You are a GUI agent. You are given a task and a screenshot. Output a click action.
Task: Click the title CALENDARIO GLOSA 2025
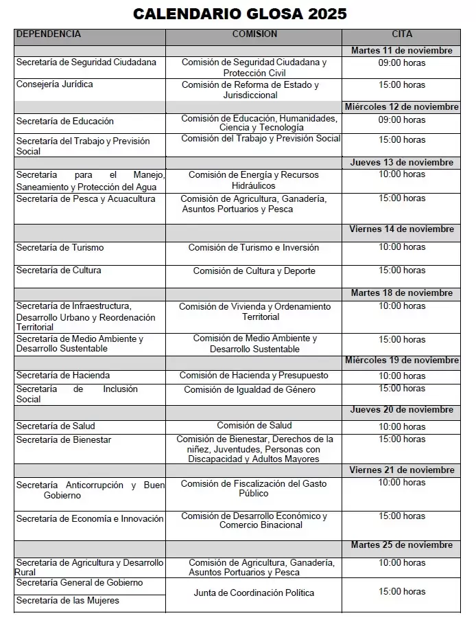239,14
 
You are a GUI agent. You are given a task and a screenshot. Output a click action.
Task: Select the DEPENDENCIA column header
49,34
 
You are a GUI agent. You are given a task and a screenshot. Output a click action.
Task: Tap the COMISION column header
254,34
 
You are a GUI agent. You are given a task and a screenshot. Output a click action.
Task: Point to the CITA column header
402,34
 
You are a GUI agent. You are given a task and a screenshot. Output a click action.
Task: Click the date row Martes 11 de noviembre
402,51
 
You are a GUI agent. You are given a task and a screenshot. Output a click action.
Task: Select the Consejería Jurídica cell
55,84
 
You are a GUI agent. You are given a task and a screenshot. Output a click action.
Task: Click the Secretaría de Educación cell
65,122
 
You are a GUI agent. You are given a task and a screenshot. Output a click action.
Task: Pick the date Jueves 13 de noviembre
402,163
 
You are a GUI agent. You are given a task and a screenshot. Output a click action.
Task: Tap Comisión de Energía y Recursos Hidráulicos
254,181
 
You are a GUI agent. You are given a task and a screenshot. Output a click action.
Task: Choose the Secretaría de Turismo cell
60,248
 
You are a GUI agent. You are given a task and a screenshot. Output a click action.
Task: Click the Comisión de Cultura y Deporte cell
254,271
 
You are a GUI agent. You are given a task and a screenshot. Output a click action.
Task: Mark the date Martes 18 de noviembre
402,293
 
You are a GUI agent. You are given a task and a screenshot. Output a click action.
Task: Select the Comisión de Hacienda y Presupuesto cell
254,376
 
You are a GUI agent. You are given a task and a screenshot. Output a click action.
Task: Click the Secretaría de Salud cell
56,426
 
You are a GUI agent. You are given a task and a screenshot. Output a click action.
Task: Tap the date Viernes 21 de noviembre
402,470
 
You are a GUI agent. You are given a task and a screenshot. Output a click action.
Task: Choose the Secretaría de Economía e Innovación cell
90,519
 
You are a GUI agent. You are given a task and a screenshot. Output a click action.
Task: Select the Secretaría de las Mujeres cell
68,601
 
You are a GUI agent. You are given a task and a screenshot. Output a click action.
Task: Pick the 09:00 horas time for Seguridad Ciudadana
402,63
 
